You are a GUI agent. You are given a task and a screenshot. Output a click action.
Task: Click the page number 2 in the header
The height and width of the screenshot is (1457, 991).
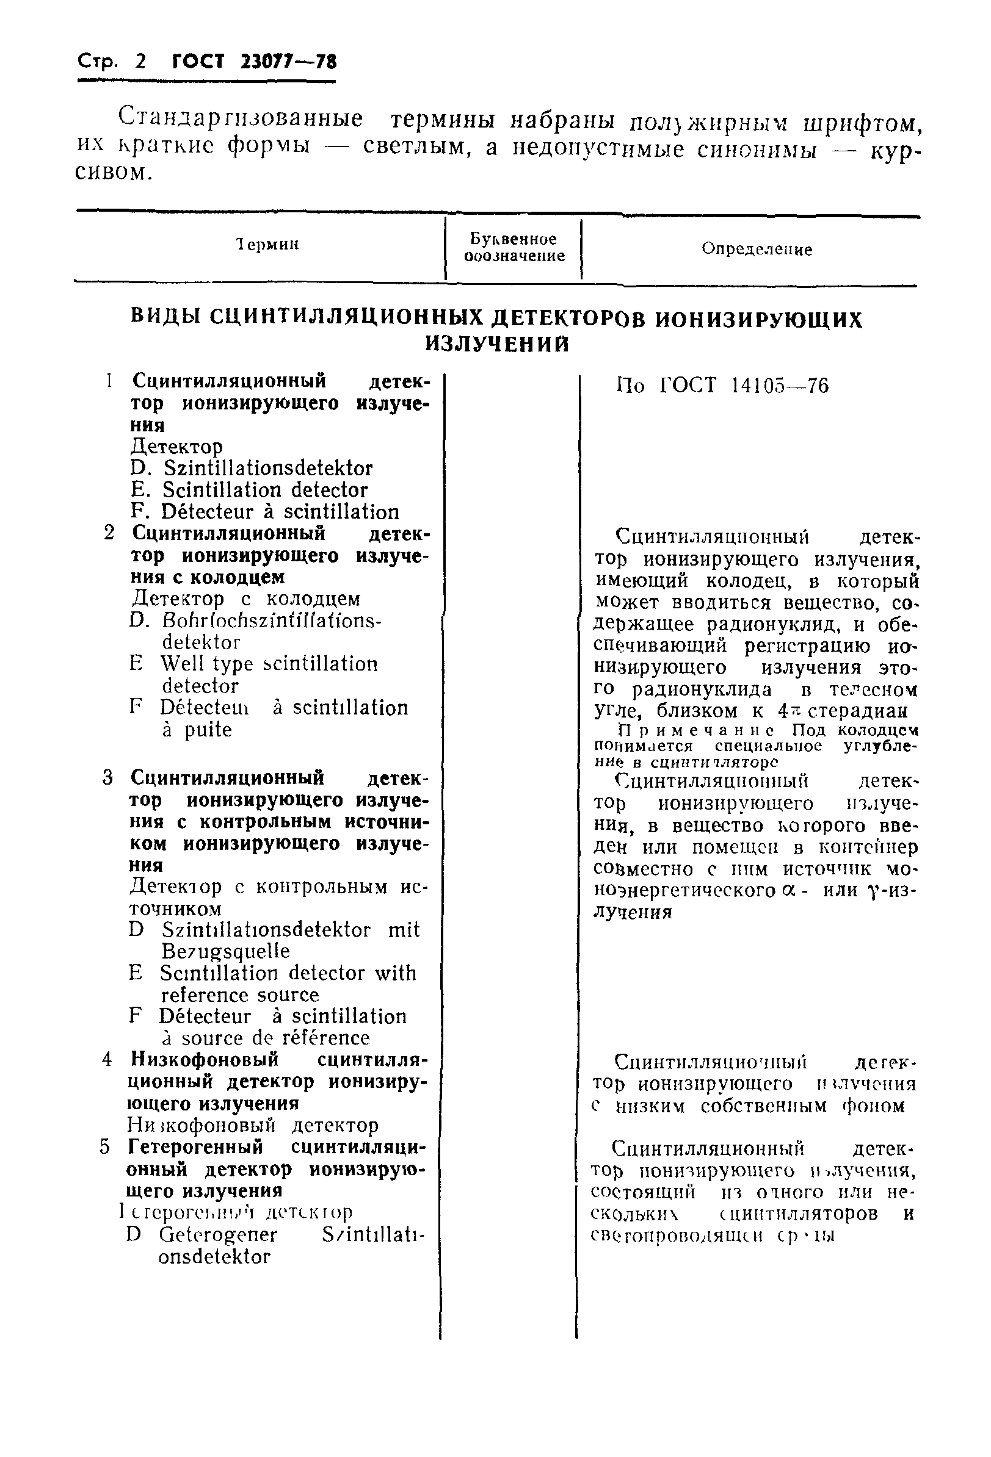pyautogui.click(x=140, y=62)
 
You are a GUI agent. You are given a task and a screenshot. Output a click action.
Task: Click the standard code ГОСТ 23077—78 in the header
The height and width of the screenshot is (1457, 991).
pyautogui.click(x=254, y=62)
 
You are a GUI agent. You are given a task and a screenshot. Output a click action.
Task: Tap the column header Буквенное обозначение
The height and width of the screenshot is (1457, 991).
pyautogui.click(x=514, y=248)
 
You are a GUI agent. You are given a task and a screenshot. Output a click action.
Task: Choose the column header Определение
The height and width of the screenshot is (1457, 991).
pyautogui.click(x=757, y=250)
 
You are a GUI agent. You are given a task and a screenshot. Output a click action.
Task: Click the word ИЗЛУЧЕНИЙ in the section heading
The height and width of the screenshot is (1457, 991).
pyautogui.click(x=498, y=344)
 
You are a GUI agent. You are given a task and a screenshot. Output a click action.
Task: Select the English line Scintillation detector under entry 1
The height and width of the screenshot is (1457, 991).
pyautogui.click(x=264, y=491)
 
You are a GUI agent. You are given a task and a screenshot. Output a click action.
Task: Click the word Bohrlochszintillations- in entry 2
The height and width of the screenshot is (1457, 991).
pyautogui.click(x=271, y=621)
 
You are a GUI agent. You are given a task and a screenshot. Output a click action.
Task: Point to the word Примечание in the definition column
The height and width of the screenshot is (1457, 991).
pyautogui.click(x=695, y=731)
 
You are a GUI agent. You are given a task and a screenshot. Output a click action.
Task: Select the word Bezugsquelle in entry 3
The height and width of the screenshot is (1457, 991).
pyautogui.click(x=225, y=952)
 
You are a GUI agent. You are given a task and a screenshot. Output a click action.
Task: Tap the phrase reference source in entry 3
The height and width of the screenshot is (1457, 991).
pyautogui.click(x=239, y=995)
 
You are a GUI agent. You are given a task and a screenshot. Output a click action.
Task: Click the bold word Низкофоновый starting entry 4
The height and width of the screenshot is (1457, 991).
pyautogui.click(x=204, y=1060)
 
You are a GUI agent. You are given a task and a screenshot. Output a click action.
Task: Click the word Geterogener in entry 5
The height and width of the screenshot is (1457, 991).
pyautogui.click(x=217, y=1234)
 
